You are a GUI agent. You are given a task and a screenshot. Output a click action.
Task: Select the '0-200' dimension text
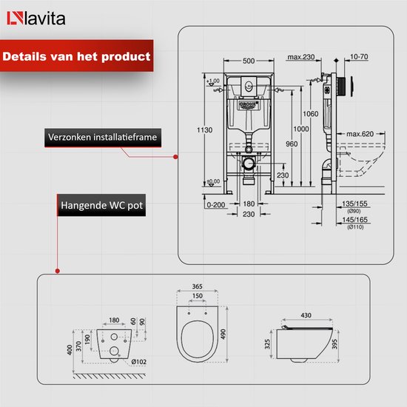coord(216,204)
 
